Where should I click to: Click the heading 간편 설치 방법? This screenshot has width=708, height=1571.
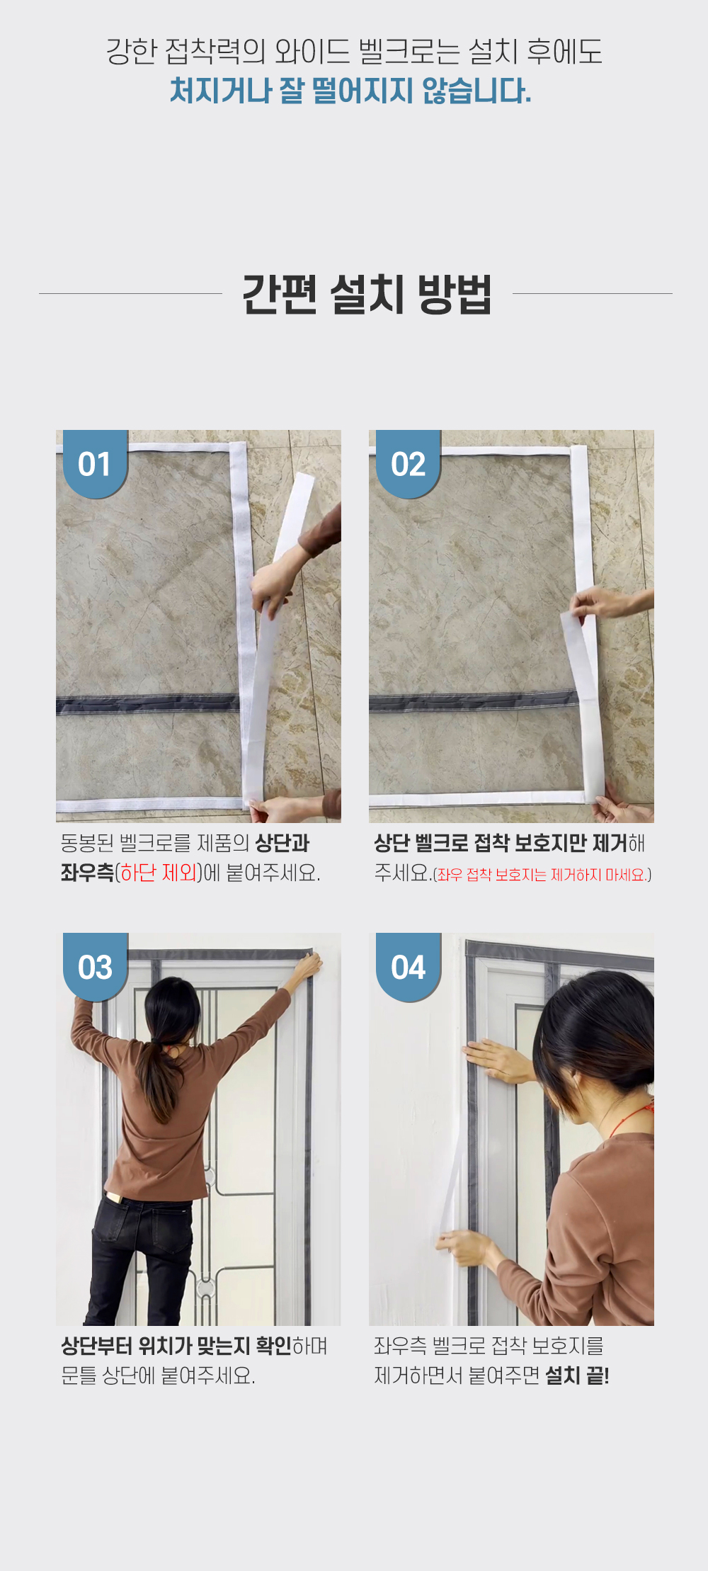[x=367, y=294]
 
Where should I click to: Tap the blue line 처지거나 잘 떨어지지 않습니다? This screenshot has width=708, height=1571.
[x=350, y=91]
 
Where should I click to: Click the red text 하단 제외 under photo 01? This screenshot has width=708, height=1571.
[x=159, y=873]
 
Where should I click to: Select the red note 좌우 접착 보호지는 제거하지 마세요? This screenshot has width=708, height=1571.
[x=542, y=875]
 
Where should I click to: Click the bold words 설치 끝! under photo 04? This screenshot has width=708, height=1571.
[x=577, y=1376]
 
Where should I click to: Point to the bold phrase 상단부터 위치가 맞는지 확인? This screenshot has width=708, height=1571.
[x=176, y=1346]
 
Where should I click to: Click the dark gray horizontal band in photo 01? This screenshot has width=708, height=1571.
[x=149, y=704]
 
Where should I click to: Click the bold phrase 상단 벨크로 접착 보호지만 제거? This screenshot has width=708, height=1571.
[x=501, y=843]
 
